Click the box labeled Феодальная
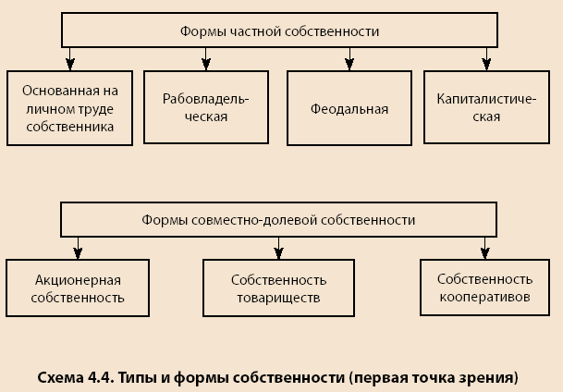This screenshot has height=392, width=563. pos(349,108)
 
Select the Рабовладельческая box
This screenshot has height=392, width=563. pos(206,107)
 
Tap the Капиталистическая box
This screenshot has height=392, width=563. pos(486,107)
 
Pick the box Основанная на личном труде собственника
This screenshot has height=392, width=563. pos(69,108)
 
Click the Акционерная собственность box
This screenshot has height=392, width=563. pos(78,288)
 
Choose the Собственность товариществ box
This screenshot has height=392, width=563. pos(278,288)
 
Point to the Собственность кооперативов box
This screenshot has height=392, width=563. pos(484,288)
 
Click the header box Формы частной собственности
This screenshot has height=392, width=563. pos(279,31)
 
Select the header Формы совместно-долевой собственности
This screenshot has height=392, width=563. pos(278,220)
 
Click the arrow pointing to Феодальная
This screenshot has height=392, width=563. pos(349,59)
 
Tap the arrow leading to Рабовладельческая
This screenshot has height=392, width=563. pos(206,59)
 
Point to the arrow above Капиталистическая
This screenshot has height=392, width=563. pos(486,59)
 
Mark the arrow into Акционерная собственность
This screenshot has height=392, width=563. pos(78,248)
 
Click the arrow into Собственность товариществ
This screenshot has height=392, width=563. pos(278,248)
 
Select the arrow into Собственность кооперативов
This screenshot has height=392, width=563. pos(485,248)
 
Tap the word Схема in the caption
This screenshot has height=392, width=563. pos(60,377)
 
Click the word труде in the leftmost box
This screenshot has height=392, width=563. pos(94,109)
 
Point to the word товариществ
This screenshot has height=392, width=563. pos(278,298)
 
